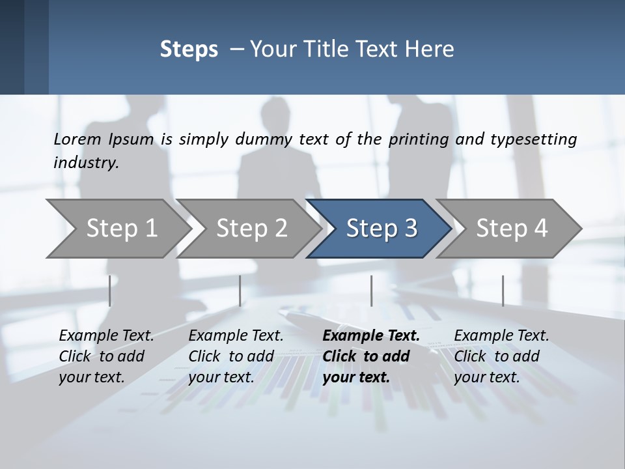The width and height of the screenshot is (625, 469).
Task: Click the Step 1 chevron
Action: pyautogui.click(x=121, y=229)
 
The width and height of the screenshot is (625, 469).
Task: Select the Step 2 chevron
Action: pyautogui.click(x=251, y=229)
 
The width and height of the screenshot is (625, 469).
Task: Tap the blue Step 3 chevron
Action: pyautogui.click(x=382, y=229)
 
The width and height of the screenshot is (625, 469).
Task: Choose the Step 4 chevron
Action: pyautogui.click(x=512, y=229)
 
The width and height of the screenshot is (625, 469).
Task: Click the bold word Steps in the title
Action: pyautogui.click(x=189, y=50)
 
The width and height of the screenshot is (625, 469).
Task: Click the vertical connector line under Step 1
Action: pyautogui.click(x=109, y=291)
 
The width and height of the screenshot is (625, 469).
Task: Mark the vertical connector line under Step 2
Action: pyautogui.click(x=240, y=291)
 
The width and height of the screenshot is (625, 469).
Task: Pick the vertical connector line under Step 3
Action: pyautogui.click(x=371, y=291)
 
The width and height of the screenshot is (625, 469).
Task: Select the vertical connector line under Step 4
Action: pyautogui.click(x=503, y=291)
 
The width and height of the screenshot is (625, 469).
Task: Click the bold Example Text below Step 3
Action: pyautogui.click(x=371, y=335)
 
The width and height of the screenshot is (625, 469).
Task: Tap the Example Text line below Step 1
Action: pyautogui.click(x=106, y=335)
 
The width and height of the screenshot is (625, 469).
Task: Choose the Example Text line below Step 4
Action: pyautogui.click(x=501, y=335)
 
